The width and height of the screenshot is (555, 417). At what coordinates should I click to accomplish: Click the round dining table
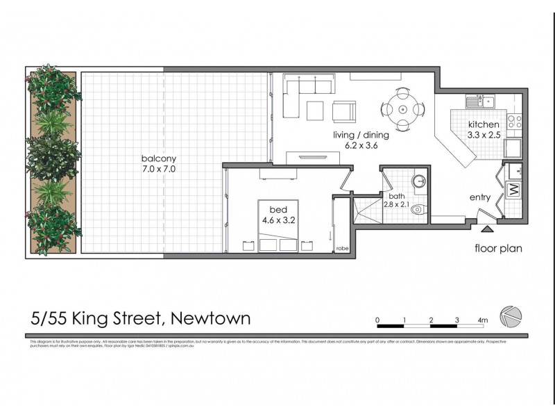[x=402, y=108]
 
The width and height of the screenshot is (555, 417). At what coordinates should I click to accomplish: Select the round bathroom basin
[x=420, y=182]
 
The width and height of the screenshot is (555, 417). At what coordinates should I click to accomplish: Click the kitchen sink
[x=479, y=101]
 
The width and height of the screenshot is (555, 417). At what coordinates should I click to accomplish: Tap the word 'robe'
[x=341, y=248]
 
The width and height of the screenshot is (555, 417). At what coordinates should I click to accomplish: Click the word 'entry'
[x=479, y=197]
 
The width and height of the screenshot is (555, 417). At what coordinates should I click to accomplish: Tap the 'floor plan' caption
[x=498, y=247]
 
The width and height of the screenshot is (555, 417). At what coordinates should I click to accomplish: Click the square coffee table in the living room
[x=316, y=111]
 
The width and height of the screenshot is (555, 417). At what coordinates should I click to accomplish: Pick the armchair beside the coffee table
[x=344, y=111]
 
